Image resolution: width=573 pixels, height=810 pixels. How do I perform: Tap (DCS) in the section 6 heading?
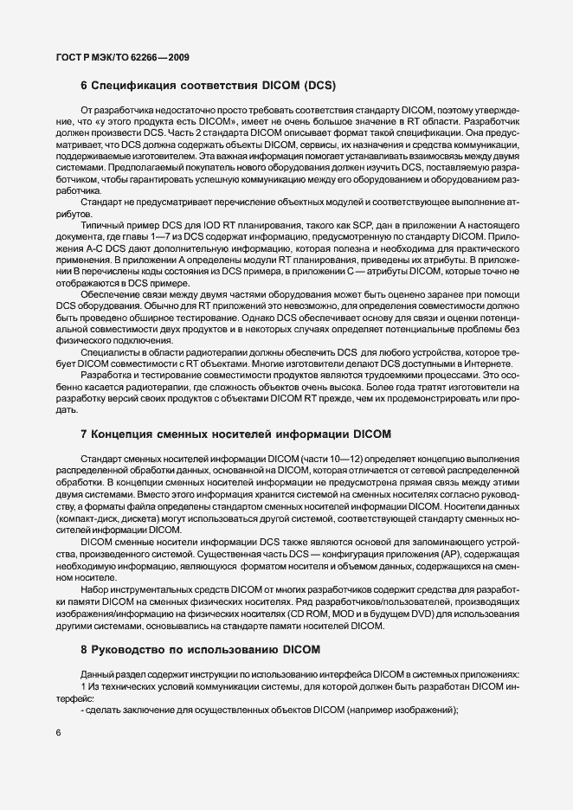319,86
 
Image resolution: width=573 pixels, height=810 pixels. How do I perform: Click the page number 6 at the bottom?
58,734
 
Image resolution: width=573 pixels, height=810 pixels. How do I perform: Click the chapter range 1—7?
183,235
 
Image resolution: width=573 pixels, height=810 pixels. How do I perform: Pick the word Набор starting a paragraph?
94,589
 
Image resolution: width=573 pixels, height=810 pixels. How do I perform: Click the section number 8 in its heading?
83,648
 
